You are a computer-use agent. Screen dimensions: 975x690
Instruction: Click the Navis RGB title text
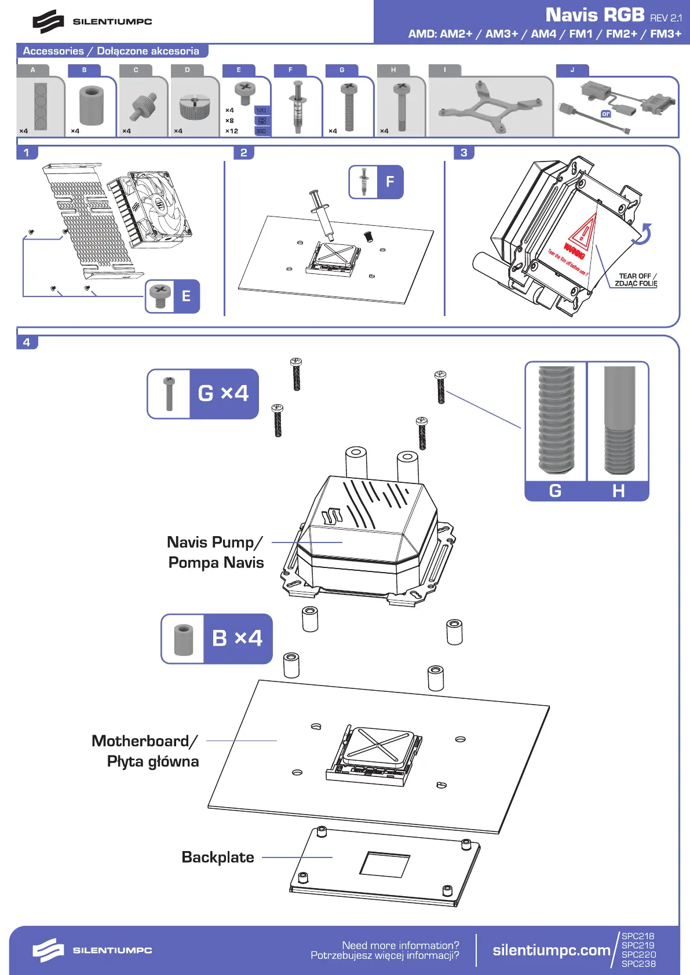[594, 15]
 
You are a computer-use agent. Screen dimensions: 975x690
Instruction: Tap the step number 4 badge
[27, 342]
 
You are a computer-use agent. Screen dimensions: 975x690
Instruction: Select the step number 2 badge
[244, 153]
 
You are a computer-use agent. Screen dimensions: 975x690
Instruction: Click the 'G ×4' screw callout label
[223, 393]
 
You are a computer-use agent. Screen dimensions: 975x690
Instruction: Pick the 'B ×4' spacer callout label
[237, 638]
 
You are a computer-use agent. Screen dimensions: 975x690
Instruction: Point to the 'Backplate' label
[218, 857]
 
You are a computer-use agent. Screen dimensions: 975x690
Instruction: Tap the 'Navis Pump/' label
[215, 543]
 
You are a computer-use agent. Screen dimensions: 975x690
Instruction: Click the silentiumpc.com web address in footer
[551, 950]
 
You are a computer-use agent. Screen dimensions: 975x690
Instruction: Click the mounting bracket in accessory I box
[490, 108]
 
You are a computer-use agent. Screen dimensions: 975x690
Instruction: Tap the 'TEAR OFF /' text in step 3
[637, 276]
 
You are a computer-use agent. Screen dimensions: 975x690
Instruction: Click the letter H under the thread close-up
[618, 491]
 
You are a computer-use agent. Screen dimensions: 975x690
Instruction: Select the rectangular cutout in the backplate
[385, 864]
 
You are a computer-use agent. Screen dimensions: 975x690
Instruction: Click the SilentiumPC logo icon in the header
[48, 21]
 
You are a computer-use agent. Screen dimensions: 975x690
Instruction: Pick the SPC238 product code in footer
[638, 964]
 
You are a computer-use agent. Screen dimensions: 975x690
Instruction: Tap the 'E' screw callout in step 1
[186, 296]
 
